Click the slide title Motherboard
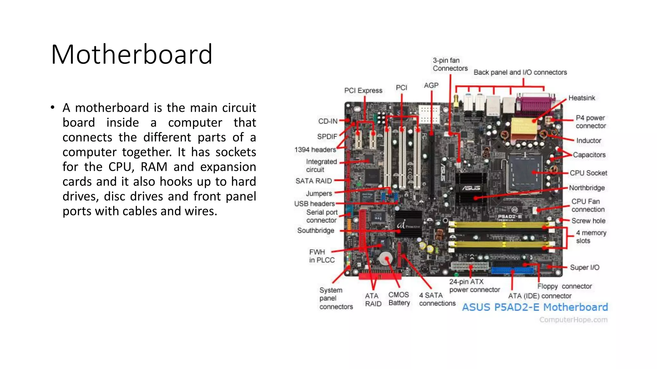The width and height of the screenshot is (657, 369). (x=132, y=54)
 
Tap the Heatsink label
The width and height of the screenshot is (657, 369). (x=581, y=98)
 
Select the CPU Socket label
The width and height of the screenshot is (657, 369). (x=588, y=173)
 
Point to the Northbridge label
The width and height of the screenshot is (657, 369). (x=587, y=188)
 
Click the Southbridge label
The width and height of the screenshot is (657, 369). (x=315, y=231)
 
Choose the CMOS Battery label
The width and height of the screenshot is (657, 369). (x=399, y=299)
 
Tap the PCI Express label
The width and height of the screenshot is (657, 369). (x=363, y=91)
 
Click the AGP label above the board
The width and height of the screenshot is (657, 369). (x=431, y=86)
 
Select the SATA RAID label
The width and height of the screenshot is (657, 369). (x=313, y=181)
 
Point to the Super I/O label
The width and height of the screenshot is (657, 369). (x=584, y=267)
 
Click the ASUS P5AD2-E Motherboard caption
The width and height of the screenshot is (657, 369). (x=535, y=307)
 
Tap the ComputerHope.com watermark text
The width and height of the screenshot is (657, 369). (x=573, y=320)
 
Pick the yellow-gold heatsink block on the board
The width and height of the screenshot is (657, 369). (x=524, y=128)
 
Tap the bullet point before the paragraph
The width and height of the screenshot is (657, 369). (x=53, y=108)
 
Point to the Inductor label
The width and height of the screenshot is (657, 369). (x=588, y=141)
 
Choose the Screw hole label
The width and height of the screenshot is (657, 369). (x=588, y=221)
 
